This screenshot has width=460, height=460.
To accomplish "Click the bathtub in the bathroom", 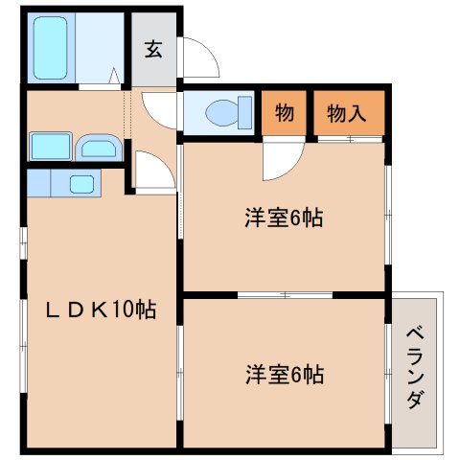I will (52, 48).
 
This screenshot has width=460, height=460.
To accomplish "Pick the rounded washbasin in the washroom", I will (98, 149).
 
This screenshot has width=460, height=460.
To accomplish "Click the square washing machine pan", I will (48, 147).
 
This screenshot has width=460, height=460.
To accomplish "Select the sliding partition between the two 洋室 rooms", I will (285, 294).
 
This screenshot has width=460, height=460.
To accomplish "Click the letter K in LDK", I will (94, 310).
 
